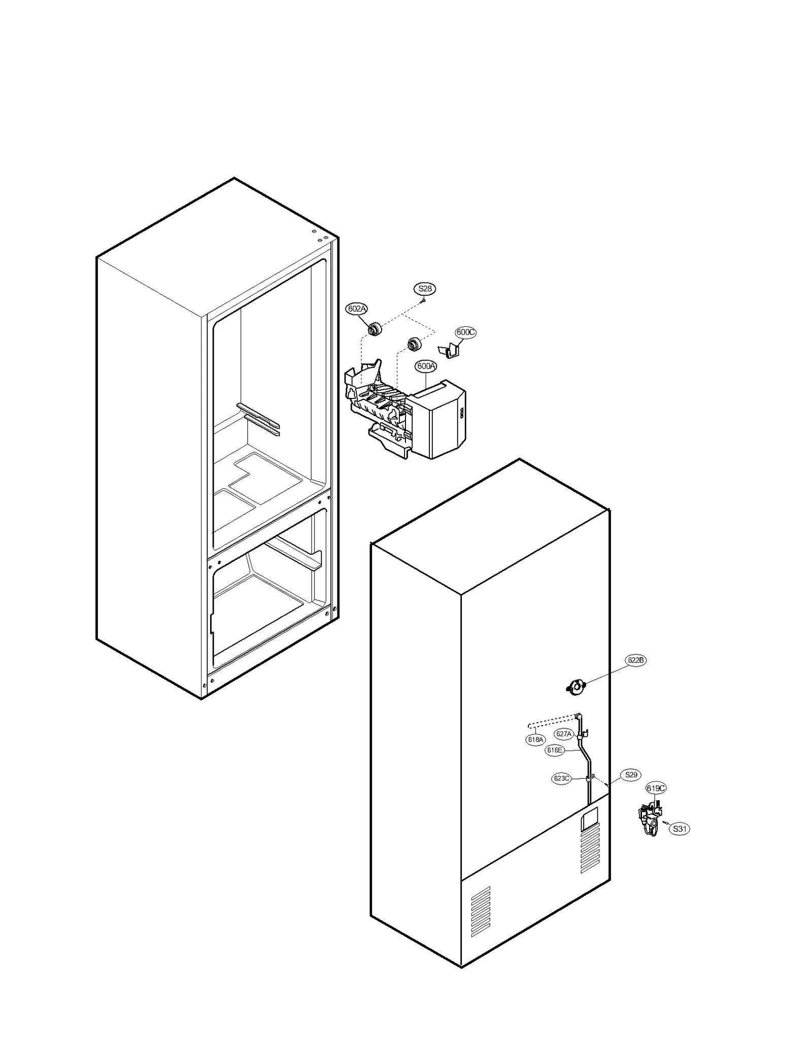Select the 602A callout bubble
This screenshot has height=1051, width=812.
pos(356,309)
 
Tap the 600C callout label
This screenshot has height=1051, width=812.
pos(465,332)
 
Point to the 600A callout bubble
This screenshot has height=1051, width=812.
pos(426,366)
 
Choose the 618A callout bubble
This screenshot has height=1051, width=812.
pos(535,739)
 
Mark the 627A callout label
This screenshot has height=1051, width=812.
pos(564,734)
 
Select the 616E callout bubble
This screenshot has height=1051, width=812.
pos(555,750)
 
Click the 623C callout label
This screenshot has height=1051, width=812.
pos(562,778)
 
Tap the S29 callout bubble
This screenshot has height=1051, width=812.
pos(631,775)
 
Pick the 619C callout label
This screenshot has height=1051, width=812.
pos(656,788)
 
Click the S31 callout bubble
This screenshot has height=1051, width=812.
pos(680,829)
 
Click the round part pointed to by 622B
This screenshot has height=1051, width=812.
pos(576,688)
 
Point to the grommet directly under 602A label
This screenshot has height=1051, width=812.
pos(375,329)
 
